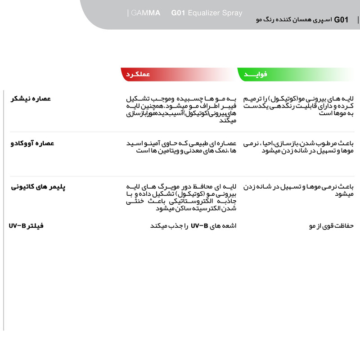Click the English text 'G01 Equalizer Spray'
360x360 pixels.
click(x=207, y=13)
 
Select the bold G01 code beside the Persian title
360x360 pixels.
click(x=342, y=20)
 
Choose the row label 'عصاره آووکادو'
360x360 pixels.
click(x=32, y=143)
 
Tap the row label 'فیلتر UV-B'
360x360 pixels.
click(x=26, y=225)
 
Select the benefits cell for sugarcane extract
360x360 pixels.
click(x=299, y=106)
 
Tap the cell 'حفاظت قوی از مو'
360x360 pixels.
click(x=331, y=225)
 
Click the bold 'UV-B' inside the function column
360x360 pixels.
click(x=199, y=225)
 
